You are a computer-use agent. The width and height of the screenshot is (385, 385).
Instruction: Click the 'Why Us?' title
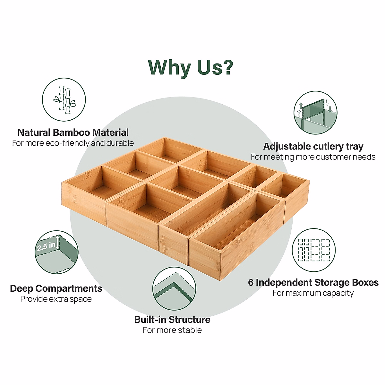click(x=191, y=67)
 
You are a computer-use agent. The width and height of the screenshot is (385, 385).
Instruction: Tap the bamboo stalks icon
click(x=64, y=100)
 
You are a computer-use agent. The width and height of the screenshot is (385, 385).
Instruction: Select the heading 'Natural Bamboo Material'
click(x=73, y=133)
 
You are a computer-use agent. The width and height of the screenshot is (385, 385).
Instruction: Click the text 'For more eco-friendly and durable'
click(x=73, y=143)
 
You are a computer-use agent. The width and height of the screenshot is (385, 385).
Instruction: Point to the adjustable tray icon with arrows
click(x=315, y=113)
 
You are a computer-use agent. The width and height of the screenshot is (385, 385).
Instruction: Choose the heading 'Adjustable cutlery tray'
click(x=313, y=147)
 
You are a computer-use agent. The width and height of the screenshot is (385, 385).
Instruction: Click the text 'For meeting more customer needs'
click(x=313, y=157)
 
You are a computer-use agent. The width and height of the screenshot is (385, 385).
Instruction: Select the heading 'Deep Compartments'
click(x=56, y=288)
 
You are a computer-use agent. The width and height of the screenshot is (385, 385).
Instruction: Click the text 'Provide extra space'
click(x=56, y=299)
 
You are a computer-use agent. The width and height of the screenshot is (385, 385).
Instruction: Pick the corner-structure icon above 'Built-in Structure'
click(x=174, y=288)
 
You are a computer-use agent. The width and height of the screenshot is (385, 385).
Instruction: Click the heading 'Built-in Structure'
click(x=172, y=320)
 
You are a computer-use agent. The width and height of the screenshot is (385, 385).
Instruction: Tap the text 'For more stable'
click(x=172, y=330)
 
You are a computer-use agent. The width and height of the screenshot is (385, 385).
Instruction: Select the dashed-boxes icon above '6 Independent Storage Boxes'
click(x=313, y=250)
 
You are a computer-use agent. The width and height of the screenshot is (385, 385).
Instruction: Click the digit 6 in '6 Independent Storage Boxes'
click(x=251, y=283)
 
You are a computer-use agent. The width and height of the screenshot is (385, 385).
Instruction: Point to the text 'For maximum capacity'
click(x=313, y=293)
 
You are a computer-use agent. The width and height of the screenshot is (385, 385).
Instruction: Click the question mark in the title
click(x=227, y=67)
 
